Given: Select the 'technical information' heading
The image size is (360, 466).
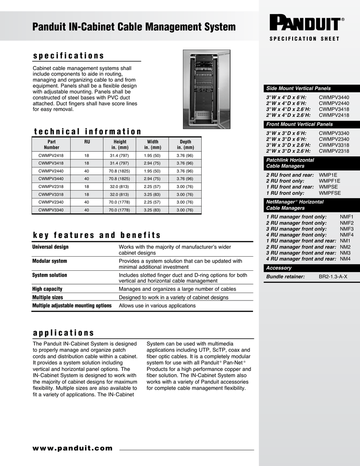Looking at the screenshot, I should click(87, 132).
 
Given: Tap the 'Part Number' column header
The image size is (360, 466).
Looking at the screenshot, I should click(51, 145).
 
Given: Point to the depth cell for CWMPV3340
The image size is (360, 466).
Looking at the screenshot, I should click(185, 210).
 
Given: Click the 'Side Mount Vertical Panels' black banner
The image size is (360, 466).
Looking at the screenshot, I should click(309, 88).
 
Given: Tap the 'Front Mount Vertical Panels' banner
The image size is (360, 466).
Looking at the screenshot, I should click(309, 124).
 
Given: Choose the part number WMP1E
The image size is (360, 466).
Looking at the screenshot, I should click(328, 175).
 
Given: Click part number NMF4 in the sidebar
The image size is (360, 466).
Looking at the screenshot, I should click(346, 235).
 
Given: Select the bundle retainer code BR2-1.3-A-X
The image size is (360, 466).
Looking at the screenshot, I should click(333, 277).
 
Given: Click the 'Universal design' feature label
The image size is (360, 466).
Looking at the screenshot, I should click(50, 247).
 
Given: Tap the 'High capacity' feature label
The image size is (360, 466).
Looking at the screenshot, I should click(47, 289).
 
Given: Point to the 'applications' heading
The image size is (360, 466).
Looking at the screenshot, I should click(63, 333).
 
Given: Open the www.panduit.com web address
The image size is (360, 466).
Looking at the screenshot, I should click(72, 448).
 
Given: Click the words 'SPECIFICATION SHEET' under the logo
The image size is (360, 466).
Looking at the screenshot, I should click(304, 39).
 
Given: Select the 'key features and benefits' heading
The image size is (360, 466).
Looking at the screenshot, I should click(96, 235).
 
